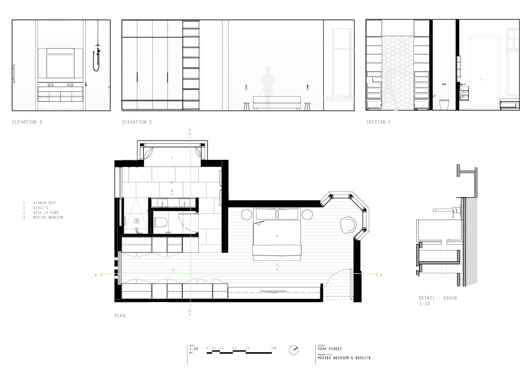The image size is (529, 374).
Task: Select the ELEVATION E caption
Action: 137,122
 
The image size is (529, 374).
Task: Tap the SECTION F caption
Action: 379,122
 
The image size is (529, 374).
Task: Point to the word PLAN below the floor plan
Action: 120,316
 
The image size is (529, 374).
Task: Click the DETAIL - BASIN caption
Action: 438,298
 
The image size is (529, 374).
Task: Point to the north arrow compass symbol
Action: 294,350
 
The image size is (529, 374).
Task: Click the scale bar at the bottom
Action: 240,352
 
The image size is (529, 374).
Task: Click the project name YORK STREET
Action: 330,349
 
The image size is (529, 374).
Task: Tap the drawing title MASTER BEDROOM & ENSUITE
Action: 344,358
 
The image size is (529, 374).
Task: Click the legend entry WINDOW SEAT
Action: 45,203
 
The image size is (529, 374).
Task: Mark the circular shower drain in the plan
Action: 137,221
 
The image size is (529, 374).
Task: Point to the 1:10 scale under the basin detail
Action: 424,304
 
